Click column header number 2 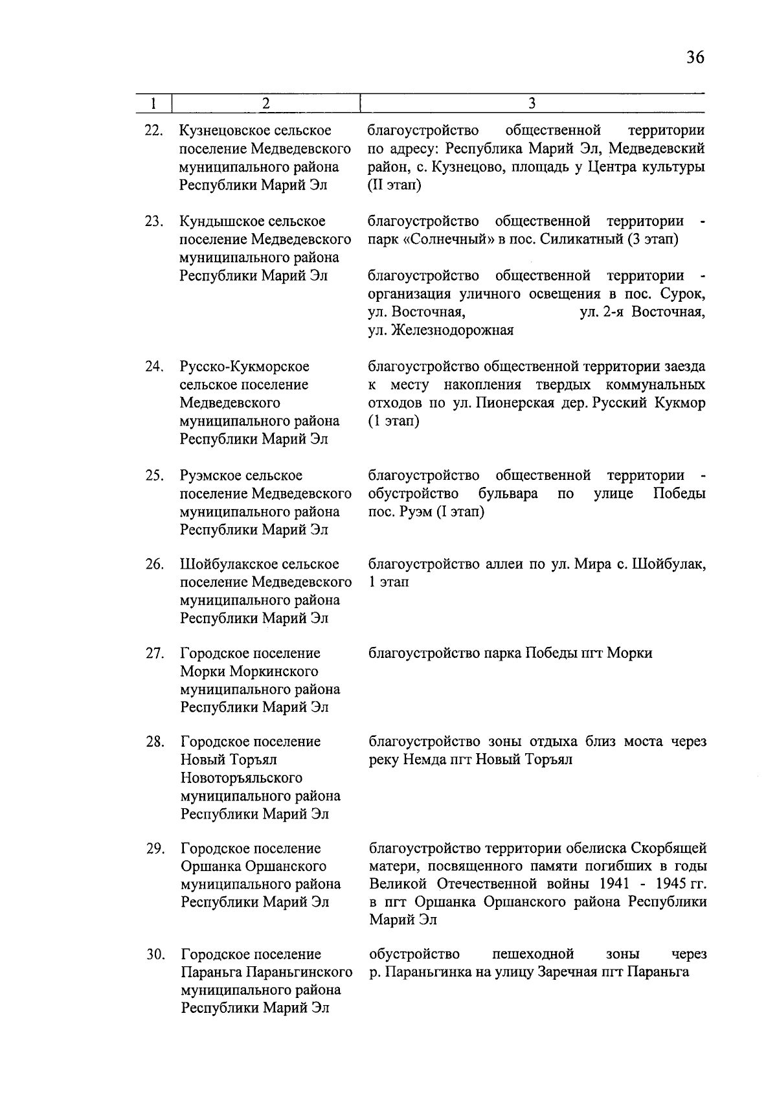265,104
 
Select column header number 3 532,104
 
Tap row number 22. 153,131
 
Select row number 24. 153,367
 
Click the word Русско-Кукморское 245,367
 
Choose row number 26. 153,564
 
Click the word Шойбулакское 226,564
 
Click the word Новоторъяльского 242,778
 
